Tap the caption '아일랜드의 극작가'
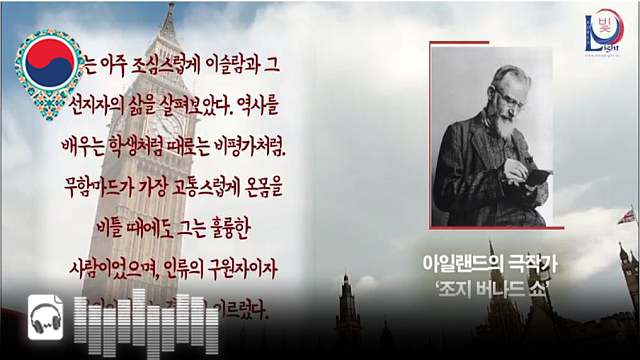click(490, 265)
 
